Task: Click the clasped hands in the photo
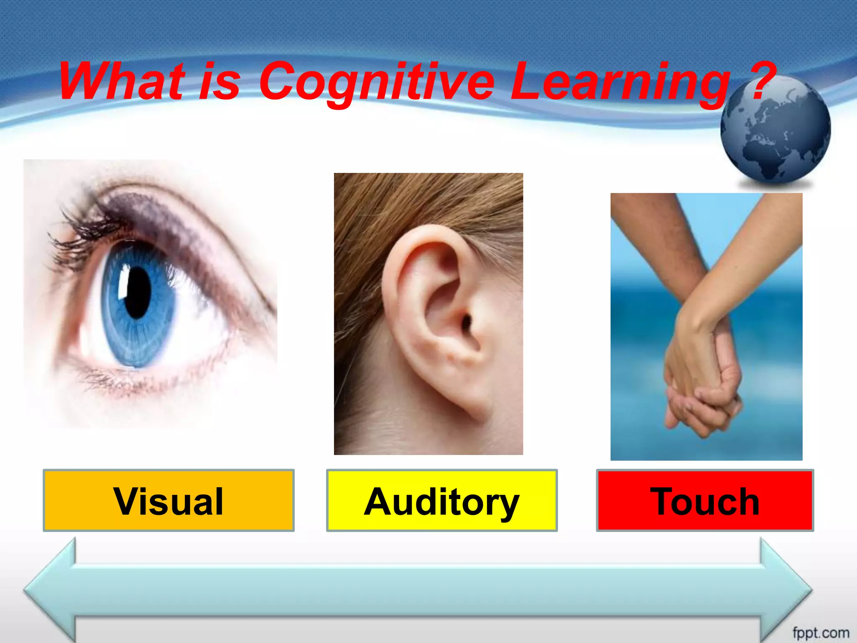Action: [x=703, y=389]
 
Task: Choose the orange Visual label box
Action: [x=169, y=501]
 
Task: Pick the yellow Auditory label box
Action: [x=442, y=501]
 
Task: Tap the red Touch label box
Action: [x=705, y=501]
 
